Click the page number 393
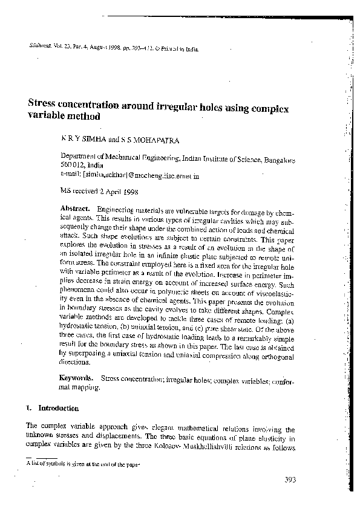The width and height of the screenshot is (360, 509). (x=289, y=481)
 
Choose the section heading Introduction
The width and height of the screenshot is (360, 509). (x=58, y=408)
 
